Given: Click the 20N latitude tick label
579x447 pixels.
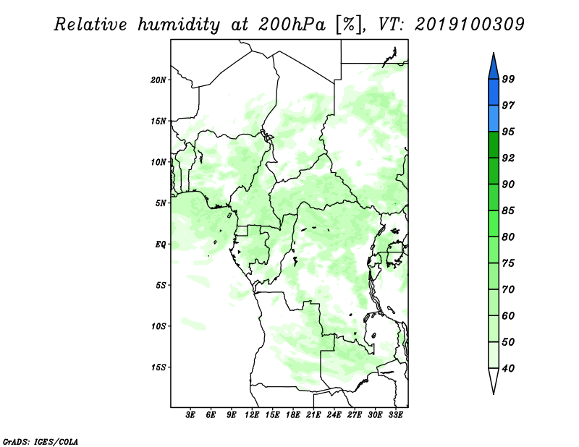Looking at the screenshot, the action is click(x=159, y=80).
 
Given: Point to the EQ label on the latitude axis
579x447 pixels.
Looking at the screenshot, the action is click(x=161, y=244).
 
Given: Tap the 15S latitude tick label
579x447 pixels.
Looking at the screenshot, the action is click(x=159, y=367).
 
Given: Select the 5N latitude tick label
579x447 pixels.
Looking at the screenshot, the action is click(x=161, y=203).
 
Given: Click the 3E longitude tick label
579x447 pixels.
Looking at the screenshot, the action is click(x=190, y=415).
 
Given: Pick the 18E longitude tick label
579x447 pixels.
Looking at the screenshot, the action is click(x=293, y=415).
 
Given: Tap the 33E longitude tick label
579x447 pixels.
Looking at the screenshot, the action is click(x=395, y=415).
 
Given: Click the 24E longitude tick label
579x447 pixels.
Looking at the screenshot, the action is click(x=334, y=415).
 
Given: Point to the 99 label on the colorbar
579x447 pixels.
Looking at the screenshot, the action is click(x=508, y=79).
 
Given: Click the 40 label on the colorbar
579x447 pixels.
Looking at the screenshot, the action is click(x=508, y=368).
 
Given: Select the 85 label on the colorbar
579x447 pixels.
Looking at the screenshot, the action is click(x=508, y=210).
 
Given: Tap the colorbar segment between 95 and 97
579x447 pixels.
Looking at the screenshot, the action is click(x=494, y=119).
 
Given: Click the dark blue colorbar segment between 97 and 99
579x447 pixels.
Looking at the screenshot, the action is click(x=494, y=93).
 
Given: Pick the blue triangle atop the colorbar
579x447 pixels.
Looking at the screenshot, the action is click(x=494, y=67).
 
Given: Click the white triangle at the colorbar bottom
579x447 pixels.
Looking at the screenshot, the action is click(x=494, y=380).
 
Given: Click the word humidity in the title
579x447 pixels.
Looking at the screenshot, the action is click(x=179, y=25).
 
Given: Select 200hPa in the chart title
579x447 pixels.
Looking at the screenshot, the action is click(x=292, y=25).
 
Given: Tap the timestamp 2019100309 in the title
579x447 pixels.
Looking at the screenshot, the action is click(x=469, y=25).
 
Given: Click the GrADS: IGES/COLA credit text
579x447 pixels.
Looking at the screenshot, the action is click(x=41, y=442).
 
